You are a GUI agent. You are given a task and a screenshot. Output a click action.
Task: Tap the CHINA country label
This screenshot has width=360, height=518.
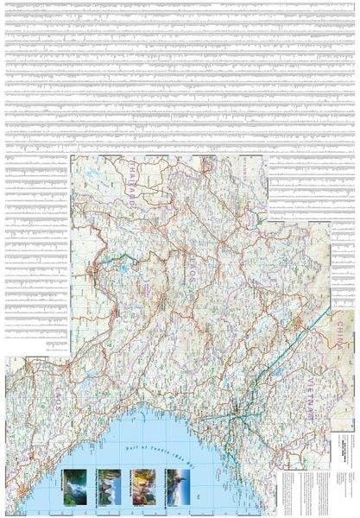343,332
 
